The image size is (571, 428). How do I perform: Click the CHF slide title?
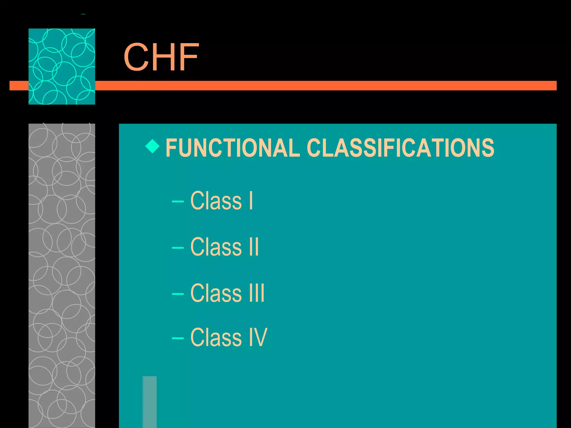click(161, 57)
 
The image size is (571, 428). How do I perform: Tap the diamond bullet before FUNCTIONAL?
click(153, 146)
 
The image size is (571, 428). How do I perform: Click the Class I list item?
click(221, 201)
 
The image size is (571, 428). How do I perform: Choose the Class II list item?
click(224, 247)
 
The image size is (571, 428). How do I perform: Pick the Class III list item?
click(227, 293)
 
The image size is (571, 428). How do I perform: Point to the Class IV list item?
click(229, 337)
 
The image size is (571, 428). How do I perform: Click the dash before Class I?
click(178, 201)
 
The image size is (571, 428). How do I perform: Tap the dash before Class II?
click(178, 247)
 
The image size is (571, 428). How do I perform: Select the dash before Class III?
click(178, 294)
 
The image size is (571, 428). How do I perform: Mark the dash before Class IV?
click(178, 338)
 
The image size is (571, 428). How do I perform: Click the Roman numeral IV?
click(258, 337)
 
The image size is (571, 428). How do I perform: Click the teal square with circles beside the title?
click(62, 66)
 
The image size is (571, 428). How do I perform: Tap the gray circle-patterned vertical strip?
click(62, 276)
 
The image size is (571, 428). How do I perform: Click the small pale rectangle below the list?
click(149, 402)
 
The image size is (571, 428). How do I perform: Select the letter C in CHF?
click(136, 57)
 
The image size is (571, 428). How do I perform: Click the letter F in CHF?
click(189, 57)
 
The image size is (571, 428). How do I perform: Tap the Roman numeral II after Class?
click(254, 247)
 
